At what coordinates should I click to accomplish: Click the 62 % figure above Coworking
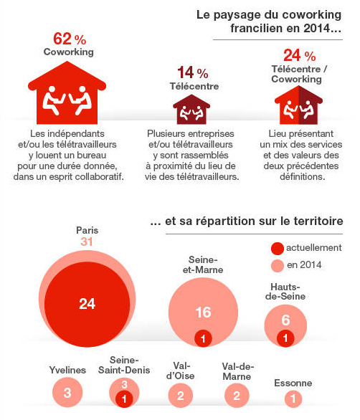pos(70,39)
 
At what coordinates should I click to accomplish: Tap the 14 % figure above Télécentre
pos(193,72)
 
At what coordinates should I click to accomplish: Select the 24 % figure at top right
pos(300,55)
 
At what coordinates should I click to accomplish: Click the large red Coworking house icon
pos(67,92)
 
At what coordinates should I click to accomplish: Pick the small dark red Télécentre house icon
pos(191,109)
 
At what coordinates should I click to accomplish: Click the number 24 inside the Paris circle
pos(87,304)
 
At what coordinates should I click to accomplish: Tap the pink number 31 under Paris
pos(86,242)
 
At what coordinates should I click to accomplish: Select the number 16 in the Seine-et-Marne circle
pos(203,312)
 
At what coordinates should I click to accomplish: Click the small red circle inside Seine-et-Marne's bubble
pos(203,338)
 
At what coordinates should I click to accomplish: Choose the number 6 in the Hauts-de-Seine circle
pos(285,320)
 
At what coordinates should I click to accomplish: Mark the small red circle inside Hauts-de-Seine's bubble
pos(285,338)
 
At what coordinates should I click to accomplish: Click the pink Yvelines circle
pos(67,393)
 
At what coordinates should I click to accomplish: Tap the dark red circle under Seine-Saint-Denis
pos(124,398)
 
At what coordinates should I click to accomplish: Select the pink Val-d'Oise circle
pos(181,396)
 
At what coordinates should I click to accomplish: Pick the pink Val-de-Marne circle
pos(237,396)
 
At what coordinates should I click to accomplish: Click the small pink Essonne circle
pos(293,398)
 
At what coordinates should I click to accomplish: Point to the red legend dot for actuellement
pos(278,249)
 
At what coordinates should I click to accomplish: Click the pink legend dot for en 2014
pos(278,266)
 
